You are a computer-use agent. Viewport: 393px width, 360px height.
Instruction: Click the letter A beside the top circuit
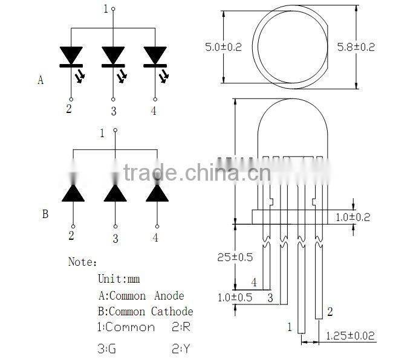click(x=41, y=80)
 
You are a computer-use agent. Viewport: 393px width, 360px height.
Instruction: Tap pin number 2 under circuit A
click(x=69, y=109)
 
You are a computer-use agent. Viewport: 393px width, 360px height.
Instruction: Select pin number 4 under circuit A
click(x=153, y=110)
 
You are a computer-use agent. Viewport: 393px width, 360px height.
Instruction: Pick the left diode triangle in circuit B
click(x=73, y=193)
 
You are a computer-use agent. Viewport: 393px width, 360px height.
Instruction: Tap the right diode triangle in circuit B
click(x=156, y=193)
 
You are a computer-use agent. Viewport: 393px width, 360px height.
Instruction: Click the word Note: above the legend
click(x=82, y=263)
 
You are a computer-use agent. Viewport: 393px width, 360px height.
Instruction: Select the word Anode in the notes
click(x=169, y=296)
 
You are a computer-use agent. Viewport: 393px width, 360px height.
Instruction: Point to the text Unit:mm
click(x=119, y=279)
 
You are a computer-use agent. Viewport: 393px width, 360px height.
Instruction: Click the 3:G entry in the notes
click(x=107, y=349)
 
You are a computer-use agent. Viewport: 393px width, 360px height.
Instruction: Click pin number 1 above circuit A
click(x=106, y=8)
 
